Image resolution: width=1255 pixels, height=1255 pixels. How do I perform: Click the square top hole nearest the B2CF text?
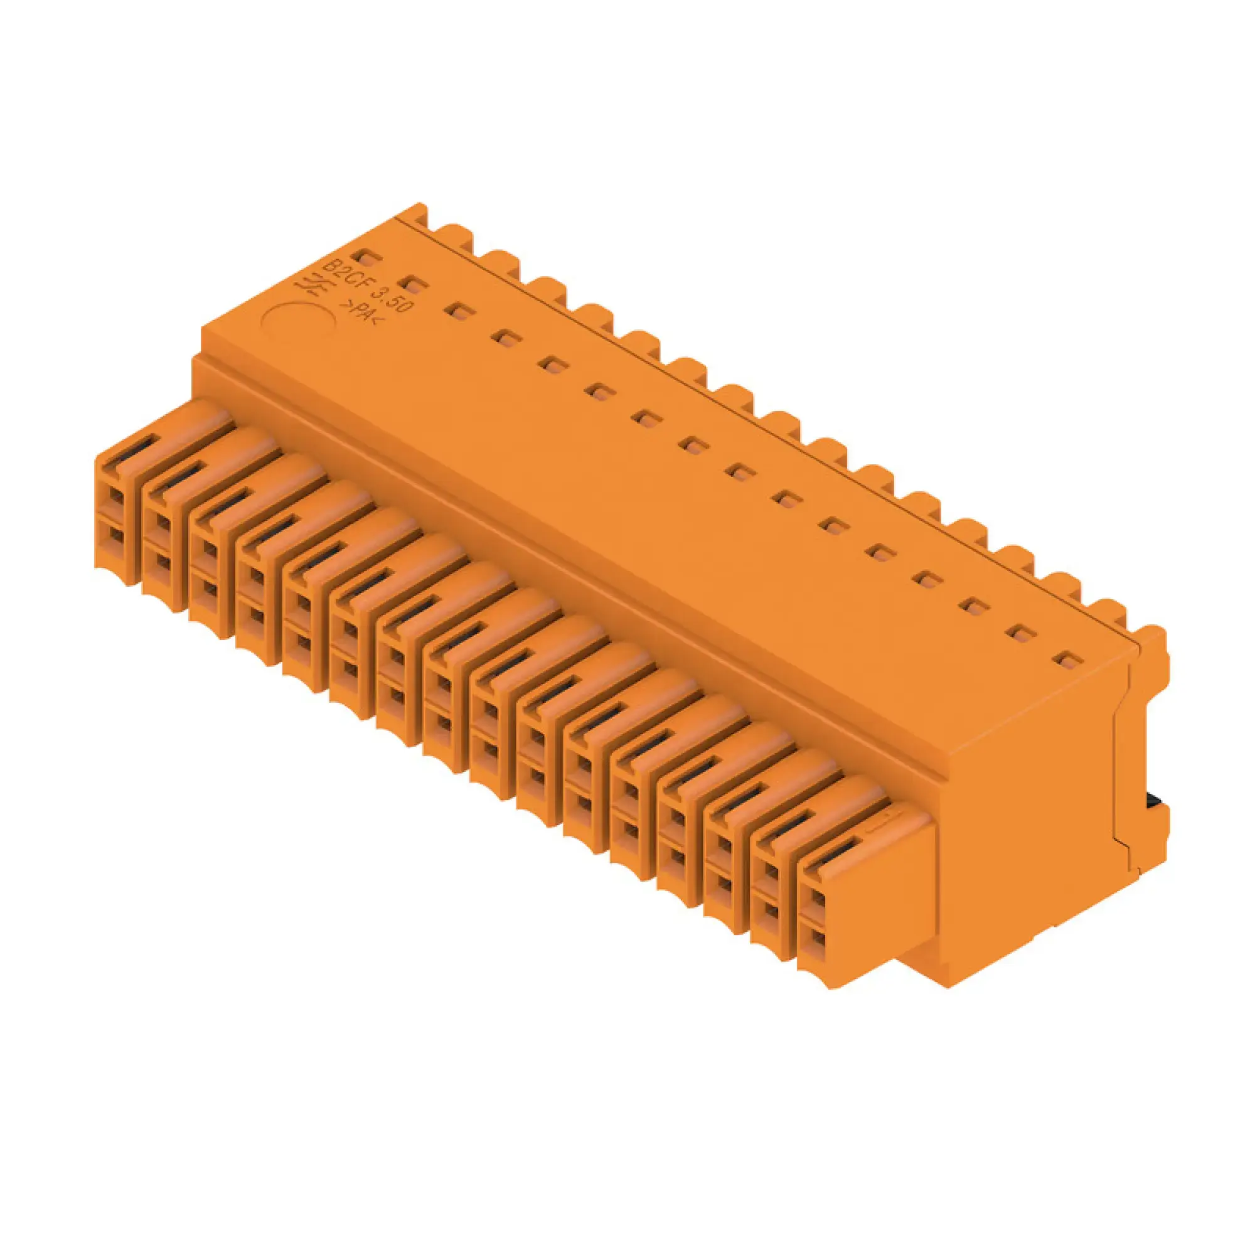[x=367, y=259]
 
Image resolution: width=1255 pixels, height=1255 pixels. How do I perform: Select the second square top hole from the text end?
[x=414, y=284]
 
